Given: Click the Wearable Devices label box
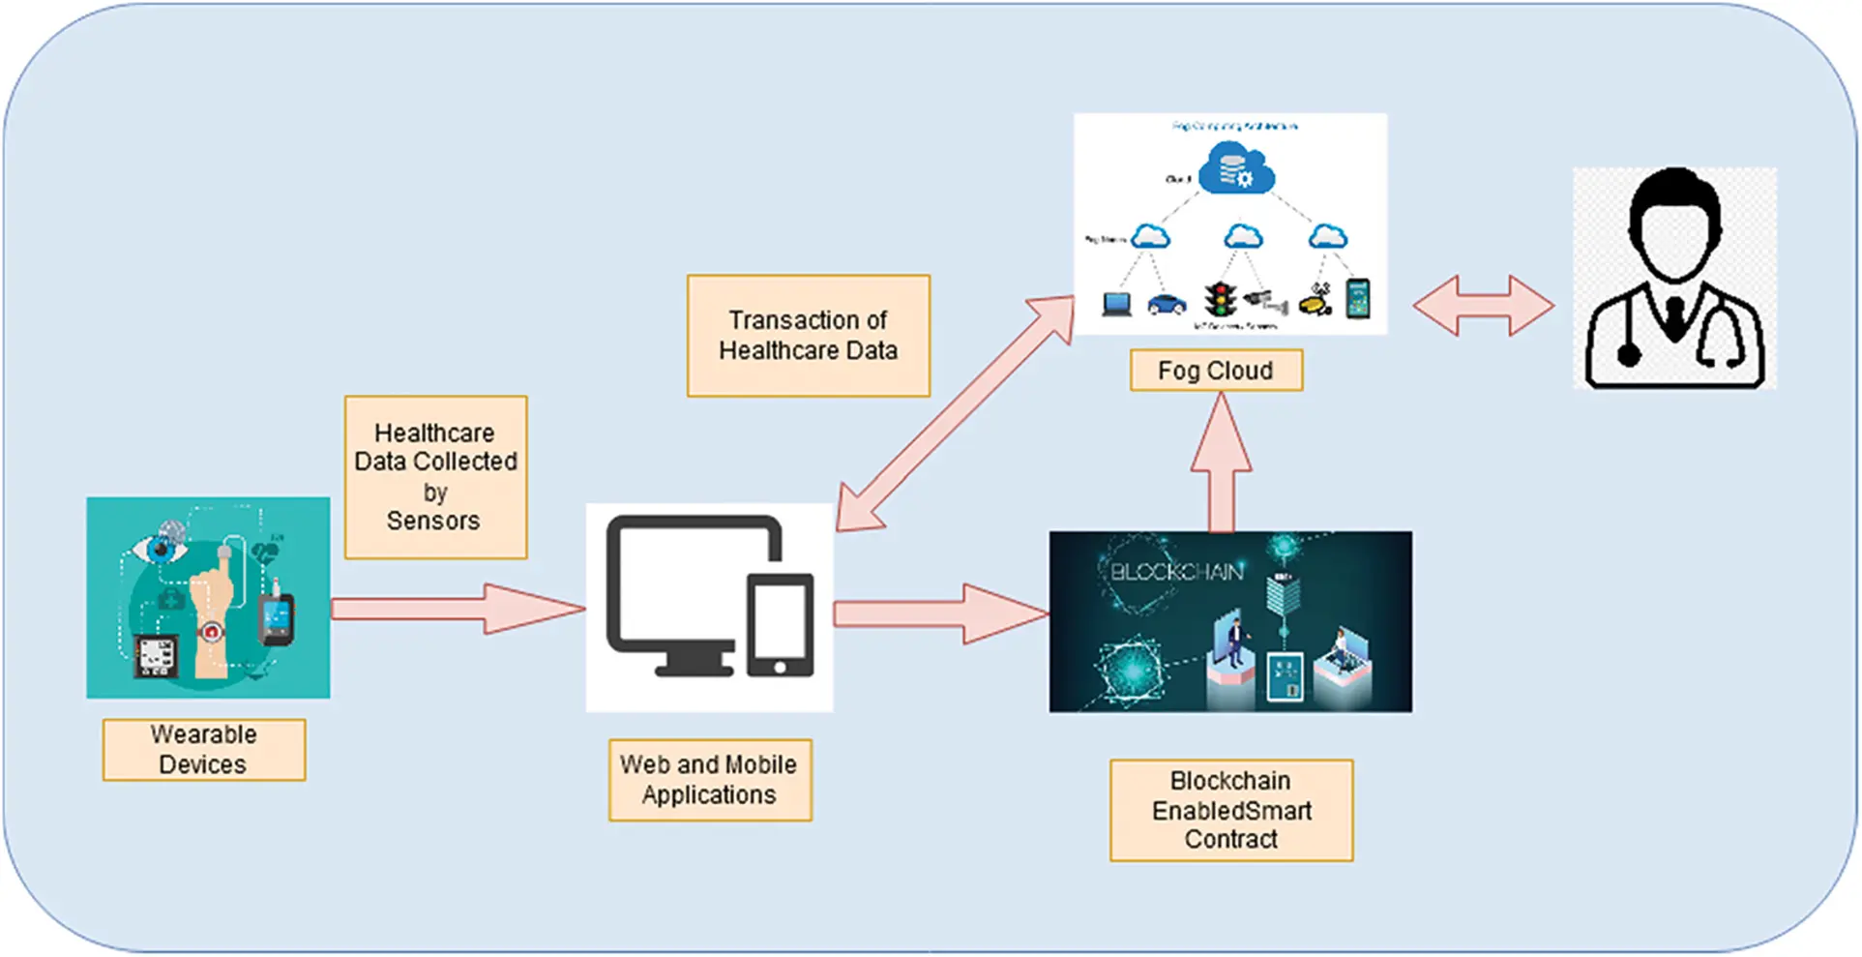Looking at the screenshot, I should (x=204, y=749).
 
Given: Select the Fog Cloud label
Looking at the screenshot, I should (x=1216, y=371).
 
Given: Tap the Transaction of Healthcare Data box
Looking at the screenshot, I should (x=808, y=335).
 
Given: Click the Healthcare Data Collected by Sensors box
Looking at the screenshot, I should (x=435, y=476).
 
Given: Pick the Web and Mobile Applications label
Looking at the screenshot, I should (x=709, y=779).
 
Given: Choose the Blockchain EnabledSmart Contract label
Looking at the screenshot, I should (x=1230, y=809).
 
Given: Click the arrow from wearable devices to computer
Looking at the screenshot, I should (x=455, y=609).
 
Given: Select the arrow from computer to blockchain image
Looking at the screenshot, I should (x=938, y=613).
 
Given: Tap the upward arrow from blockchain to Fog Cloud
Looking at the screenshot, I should (x=1222, y=464).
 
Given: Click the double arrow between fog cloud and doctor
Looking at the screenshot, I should (x=1483, y=307).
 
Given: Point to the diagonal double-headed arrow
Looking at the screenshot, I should (x=956, y=413).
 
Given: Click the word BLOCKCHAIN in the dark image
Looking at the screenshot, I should (x=1175, y=572).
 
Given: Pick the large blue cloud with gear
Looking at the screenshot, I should (x=1236, y=169).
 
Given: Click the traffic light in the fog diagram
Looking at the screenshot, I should (x=1221, y=299).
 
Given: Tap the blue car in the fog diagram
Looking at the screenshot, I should (x=1167, y=304).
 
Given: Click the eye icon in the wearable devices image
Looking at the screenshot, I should (x=159, y=550).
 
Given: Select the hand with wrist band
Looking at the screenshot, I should (x=211, y=619).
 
